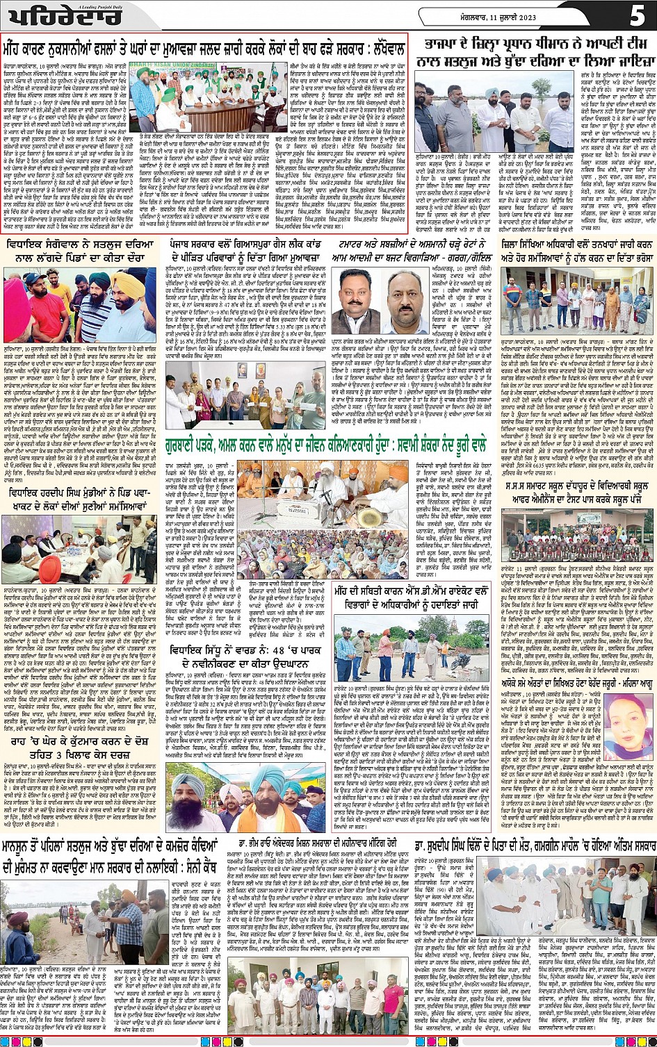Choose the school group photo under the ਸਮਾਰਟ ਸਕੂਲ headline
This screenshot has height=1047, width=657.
pyautogui.click(x=578, y=529)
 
